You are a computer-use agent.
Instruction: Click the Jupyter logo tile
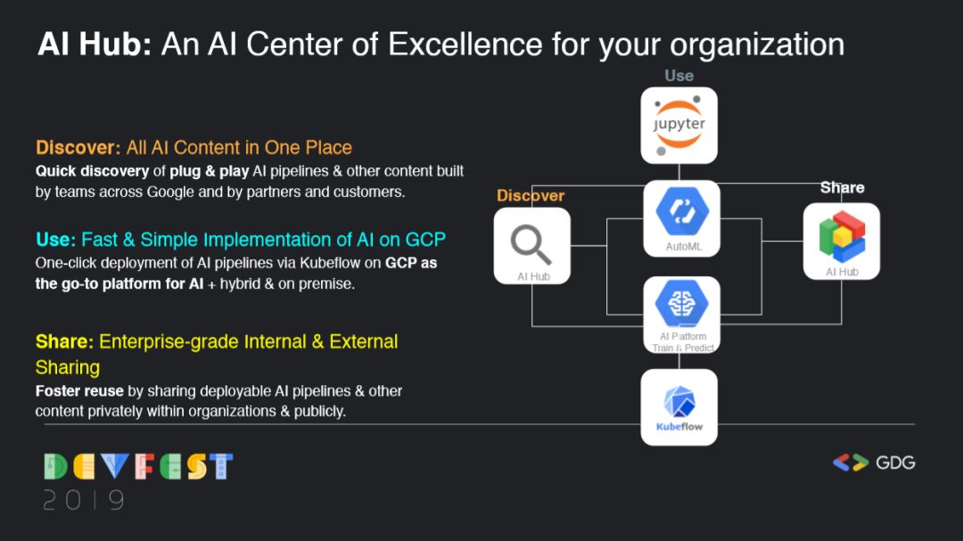[x=679, y=126]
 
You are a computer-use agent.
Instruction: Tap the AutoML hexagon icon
[x=682, y=211]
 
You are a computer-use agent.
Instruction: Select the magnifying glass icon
[x=531, y=244]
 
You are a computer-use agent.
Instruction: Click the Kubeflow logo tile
[x=679, y=407]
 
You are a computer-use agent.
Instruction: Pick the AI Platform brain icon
[x=681, y=303]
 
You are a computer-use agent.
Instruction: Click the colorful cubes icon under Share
[x=842, y=236]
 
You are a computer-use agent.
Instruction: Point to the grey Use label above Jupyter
[x=679, y=76]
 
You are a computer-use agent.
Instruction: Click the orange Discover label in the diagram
[x=530, y=195]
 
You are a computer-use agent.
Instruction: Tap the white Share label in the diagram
[x=842, y=187]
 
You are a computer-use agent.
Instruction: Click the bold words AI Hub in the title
[x=94, y=45]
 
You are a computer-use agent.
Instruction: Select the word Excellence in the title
[x=465, y=45]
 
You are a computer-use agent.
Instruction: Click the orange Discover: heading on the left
[x=78, y=147]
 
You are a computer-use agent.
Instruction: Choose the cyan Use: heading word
[x=55, y=240]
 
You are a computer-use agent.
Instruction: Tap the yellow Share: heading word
[x=64, y=341]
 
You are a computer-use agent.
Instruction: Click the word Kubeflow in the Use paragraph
[x=329, y=263]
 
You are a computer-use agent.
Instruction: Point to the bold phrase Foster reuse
[x=79, y=391]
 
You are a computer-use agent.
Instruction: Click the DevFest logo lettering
[x=138, y=467]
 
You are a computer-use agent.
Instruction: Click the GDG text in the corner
[x=895, y=463]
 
